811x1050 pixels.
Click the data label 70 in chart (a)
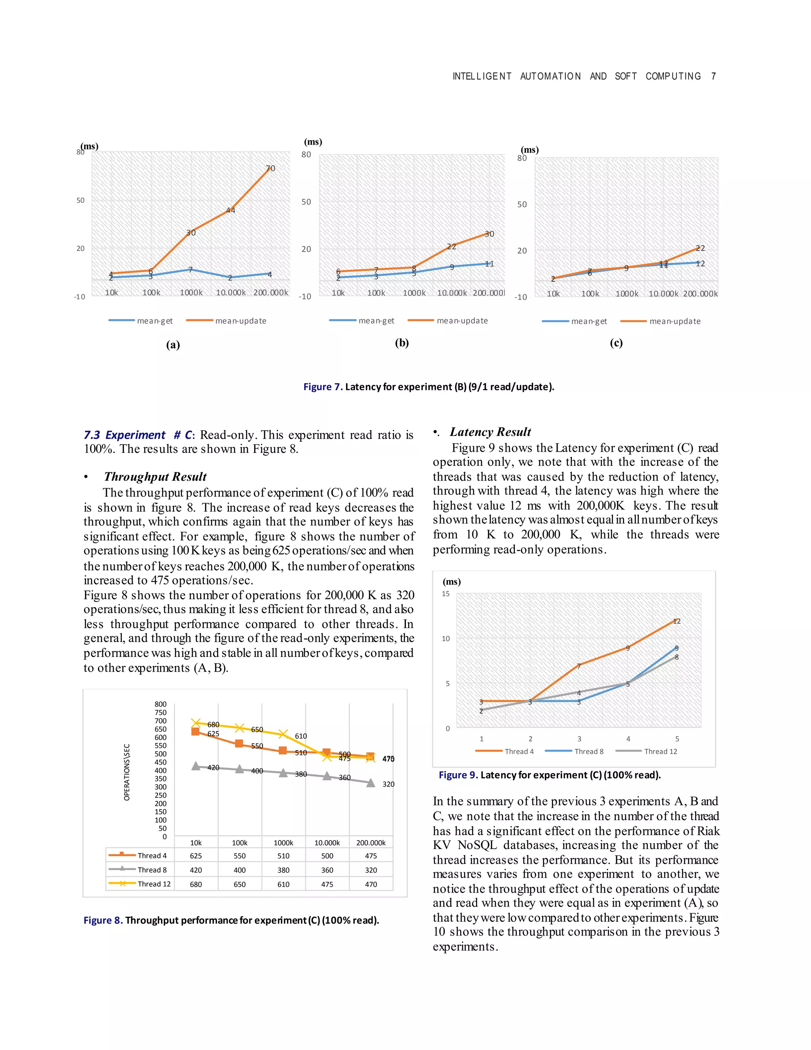click(x=270, y=168)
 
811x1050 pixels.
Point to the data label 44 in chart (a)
click(x=230, y=210)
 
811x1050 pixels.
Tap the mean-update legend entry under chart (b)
click(x=447, y=321)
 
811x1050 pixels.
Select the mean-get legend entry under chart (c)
click(x=574, y=321)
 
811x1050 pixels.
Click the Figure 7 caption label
click(x=323, y=387)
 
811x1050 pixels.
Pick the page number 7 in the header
click(x=714, y=76)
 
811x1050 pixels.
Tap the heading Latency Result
click(x=490, y=432)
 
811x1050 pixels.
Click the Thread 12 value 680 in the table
click(x=196, y=884)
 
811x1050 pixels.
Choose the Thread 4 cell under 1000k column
click(x=284, y=856)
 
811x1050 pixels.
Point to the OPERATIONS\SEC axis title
click(x=127, y=772)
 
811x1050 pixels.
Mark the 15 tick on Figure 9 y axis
click(x=446, y=594)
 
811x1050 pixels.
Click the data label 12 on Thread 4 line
click(x=676, y=621)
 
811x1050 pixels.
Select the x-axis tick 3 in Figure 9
click(x=579, y=739)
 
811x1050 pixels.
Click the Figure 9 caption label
click(x=458, y=775)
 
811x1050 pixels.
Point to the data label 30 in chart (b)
click(x=489, y=234)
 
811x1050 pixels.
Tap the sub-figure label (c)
click(x=616, y=343)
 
